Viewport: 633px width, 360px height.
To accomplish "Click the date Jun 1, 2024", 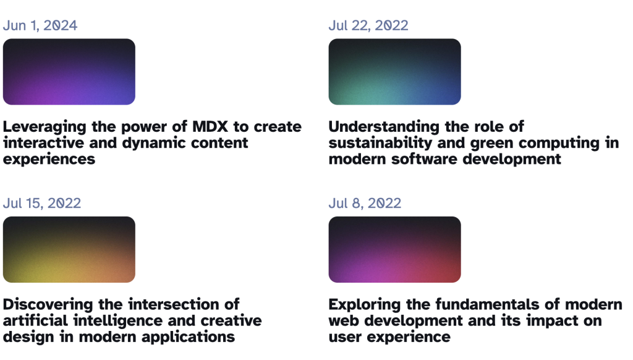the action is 40,25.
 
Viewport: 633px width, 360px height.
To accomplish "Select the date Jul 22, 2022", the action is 368,25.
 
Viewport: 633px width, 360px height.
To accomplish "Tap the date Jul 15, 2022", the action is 42,204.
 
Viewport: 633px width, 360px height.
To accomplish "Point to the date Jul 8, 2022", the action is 365,204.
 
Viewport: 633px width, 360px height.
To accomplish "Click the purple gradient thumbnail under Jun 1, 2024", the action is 69,72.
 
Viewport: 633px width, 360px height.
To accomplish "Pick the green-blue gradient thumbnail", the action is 395,72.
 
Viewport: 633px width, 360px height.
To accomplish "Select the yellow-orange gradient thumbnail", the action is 69,250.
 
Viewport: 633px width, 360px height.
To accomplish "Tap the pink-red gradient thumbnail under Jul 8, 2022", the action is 395,250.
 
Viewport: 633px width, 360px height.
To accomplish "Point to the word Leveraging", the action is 45,127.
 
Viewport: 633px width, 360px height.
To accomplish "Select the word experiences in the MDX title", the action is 49,160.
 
